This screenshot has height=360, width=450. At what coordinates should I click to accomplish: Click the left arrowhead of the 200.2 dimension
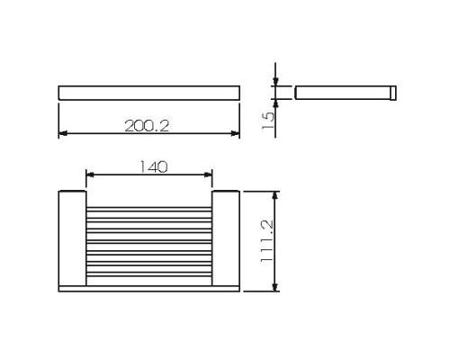coord(63,135)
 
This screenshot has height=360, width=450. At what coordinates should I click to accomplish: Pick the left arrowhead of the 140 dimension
coord(89,175)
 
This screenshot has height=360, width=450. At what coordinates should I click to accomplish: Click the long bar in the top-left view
coord(149,92)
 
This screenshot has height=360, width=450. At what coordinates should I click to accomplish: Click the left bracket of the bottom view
coord(72,238)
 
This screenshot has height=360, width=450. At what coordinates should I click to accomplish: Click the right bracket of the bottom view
coord(226,238)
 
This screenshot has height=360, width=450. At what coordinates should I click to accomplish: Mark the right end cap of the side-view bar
coord(392,92)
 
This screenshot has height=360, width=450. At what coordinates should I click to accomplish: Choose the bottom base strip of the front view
coord(148,288)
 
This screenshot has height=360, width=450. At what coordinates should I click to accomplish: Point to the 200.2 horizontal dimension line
coord(108,135)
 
